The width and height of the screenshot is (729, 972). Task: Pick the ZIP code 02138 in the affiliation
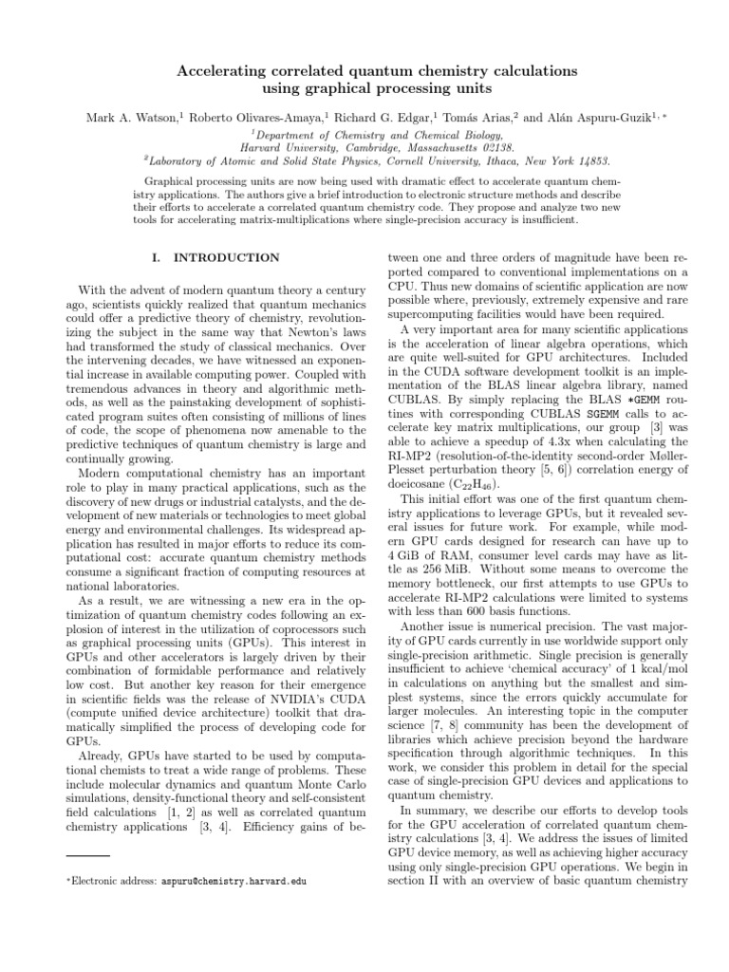point(494,148)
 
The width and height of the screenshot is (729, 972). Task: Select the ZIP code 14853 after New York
point(590,161)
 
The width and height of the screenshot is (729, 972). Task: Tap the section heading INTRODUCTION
point(235,258)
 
